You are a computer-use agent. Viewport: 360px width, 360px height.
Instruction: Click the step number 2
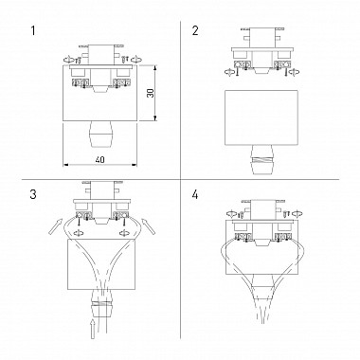click(196, 30)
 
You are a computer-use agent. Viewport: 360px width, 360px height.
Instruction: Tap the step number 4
click(196, 195)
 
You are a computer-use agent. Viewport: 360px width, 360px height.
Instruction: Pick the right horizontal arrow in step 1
click(138, 61)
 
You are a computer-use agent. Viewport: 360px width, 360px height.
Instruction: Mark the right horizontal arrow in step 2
click(290, 68)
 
